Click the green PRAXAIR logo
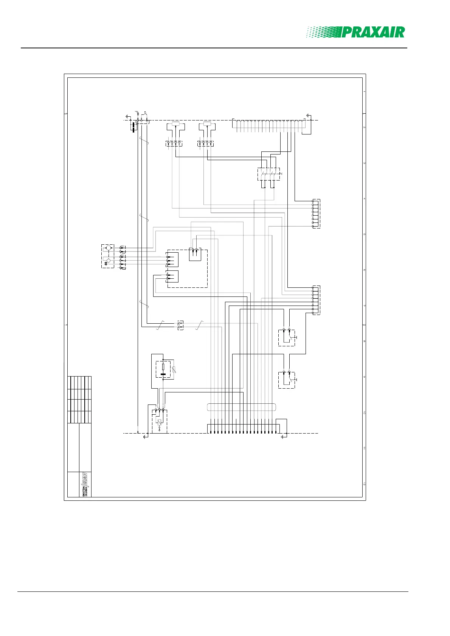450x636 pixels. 355,32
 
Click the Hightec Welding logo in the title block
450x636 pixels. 85,484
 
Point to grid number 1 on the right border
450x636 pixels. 364,92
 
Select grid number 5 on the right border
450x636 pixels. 364,235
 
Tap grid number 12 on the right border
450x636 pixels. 364,484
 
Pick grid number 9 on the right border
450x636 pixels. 364,377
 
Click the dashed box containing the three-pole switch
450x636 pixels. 268,174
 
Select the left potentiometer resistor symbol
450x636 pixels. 175,123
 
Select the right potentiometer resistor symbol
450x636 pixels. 207,123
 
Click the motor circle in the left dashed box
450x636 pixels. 109,248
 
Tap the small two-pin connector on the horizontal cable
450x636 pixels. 180,325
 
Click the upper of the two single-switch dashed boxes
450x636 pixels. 287,338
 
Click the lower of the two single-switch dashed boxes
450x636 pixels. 287,380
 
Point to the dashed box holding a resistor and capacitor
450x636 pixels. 163,369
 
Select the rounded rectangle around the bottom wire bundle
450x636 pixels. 242,407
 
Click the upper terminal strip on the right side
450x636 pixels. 316,213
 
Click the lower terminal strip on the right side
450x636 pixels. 316,300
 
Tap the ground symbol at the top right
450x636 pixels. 309,115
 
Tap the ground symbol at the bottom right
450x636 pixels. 284,437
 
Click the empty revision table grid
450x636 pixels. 80,399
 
